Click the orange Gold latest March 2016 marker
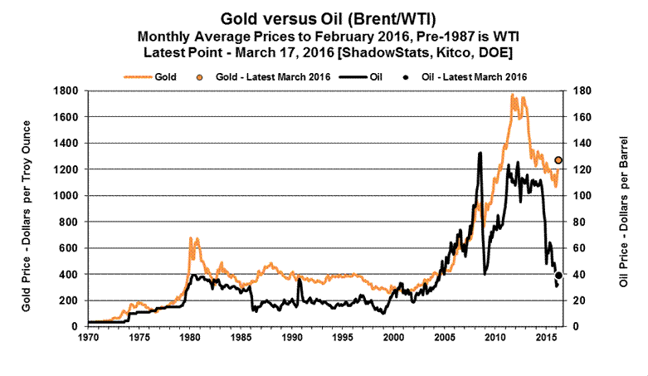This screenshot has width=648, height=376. pos(558,160)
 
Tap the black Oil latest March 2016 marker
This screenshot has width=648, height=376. pos(558,275)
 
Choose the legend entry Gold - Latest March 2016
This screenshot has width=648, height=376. pos(270,76)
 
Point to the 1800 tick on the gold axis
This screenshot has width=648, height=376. pos(65,90)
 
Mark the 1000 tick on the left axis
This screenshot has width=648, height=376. pos(65,195)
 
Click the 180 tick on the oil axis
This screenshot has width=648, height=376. pos(582,90)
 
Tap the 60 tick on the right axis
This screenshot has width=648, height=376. pos(579,247)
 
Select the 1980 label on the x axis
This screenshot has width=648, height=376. pos(190,339)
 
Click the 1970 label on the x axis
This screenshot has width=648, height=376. pos(88,339)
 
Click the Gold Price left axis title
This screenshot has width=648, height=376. pos(27,208)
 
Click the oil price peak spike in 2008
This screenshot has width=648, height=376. pos(480,154)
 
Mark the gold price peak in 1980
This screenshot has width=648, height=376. pos(191,238)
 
